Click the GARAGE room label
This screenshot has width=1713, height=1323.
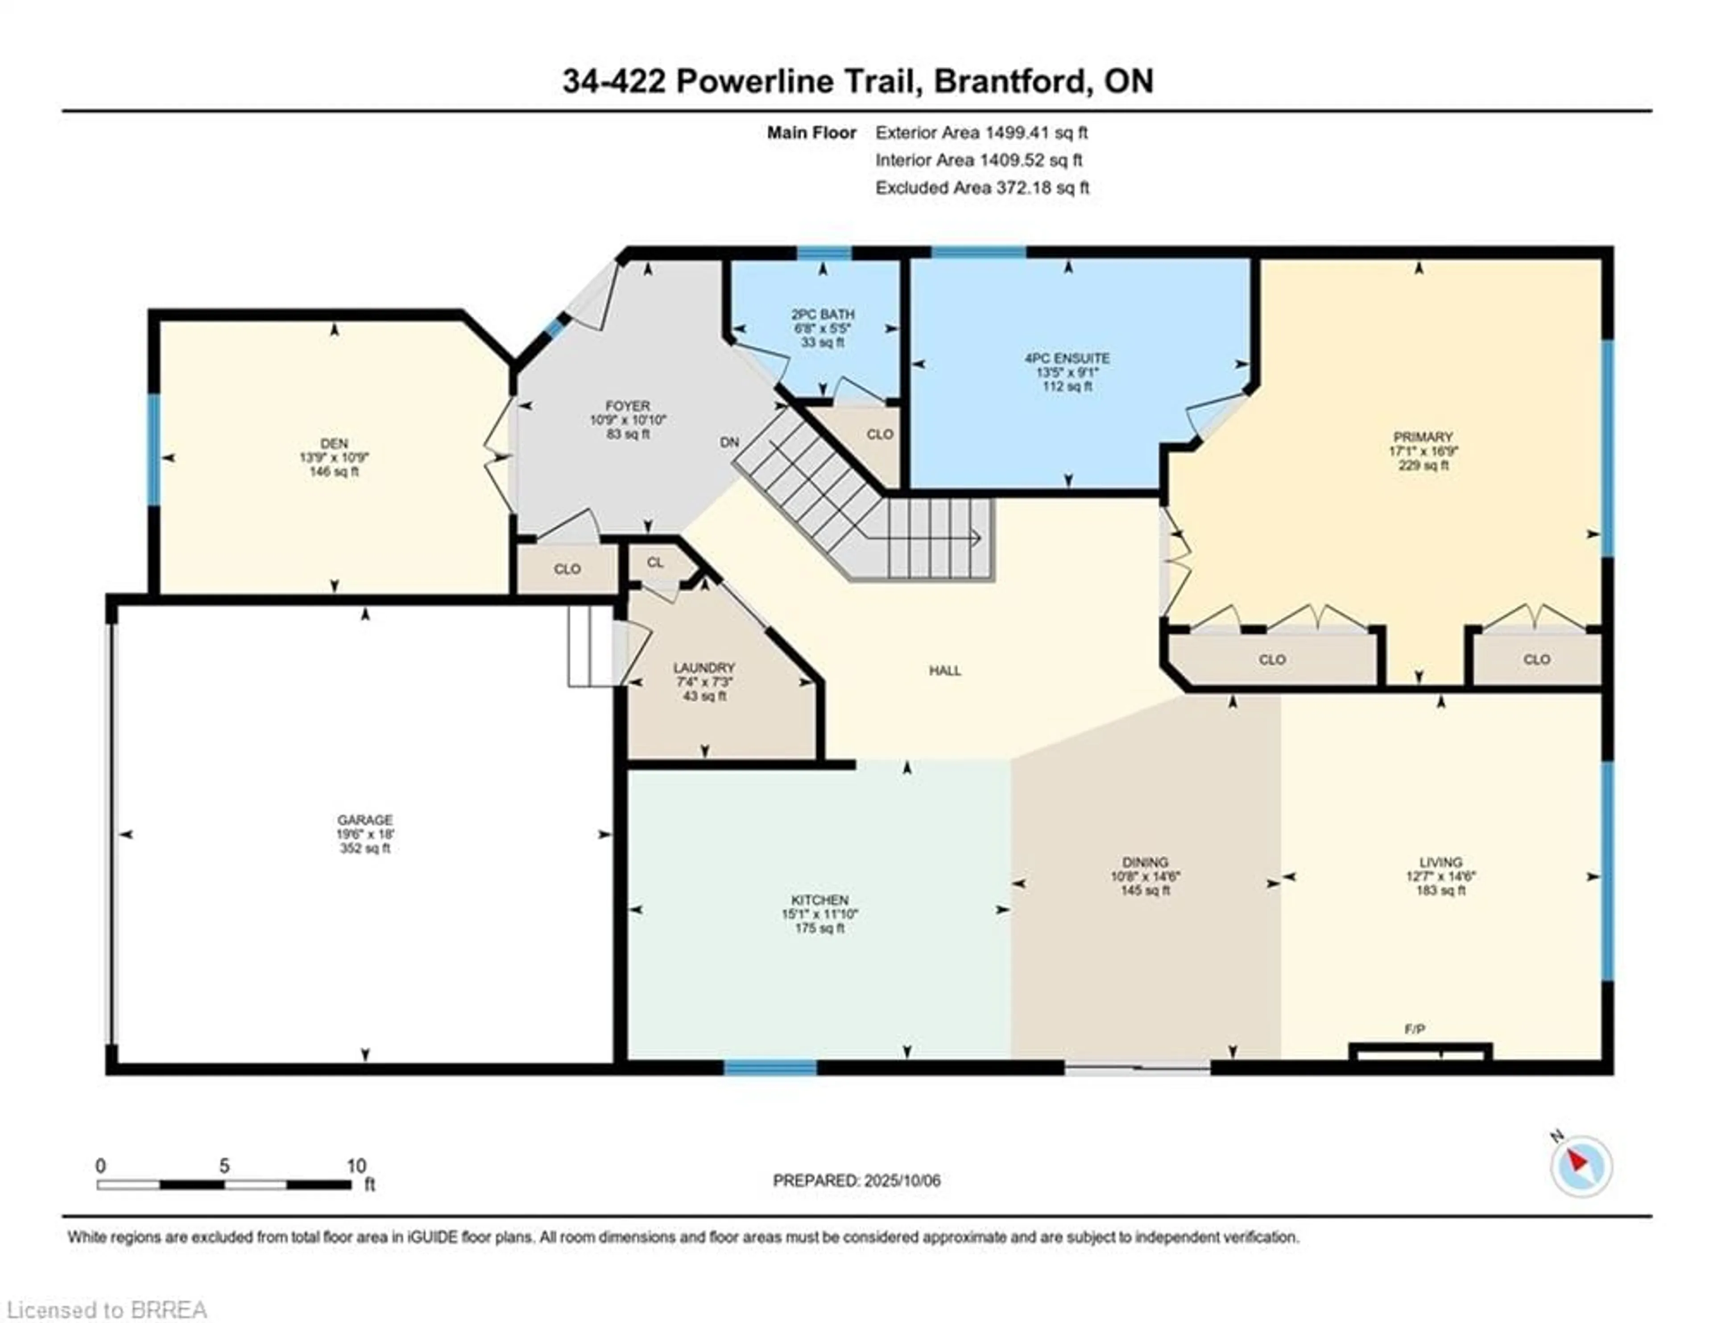(x=365, y=820)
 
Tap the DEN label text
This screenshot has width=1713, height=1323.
(x=334, y=443)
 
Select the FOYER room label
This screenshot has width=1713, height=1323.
(x=628, y=406)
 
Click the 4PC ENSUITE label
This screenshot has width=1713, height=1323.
(x=1068, y=358)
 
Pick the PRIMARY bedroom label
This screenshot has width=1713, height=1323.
(x=1423, y=437)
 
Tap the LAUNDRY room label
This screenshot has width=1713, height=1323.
(x=703, y=668)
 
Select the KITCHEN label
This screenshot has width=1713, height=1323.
(x=819, y=900)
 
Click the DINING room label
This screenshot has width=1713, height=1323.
(x=1145, y=861)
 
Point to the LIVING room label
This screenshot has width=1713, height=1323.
(x=1441, y=861)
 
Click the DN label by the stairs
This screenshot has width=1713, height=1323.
(x=729, y=443)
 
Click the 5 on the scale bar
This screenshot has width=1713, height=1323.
(x=224, y=1166)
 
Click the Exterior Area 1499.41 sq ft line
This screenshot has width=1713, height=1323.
(x=981, y=133)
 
